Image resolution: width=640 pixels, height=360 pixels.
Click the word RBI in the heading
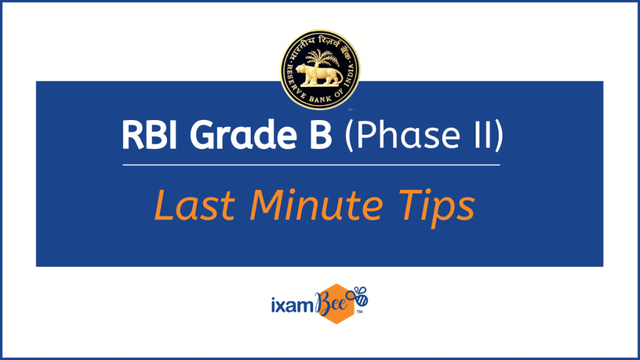[149, 135]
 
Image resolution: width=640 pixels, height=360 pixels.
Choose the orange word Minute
[316, 205]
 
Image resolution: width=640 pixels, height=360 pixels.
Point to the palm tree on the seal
[322, 57]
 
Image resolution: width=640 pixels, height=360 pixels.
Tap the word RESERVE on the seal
[295, 82]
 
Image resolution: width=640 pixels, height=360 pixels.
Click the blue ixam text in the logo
[292, 305]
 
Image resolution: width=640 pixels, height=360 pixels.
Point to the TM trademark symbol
[359, 312]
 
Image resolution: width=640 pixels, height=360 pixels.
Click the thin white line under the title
[311, 165]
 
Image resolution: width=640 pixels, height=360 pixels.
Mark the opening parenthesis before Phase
[348, 135]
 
